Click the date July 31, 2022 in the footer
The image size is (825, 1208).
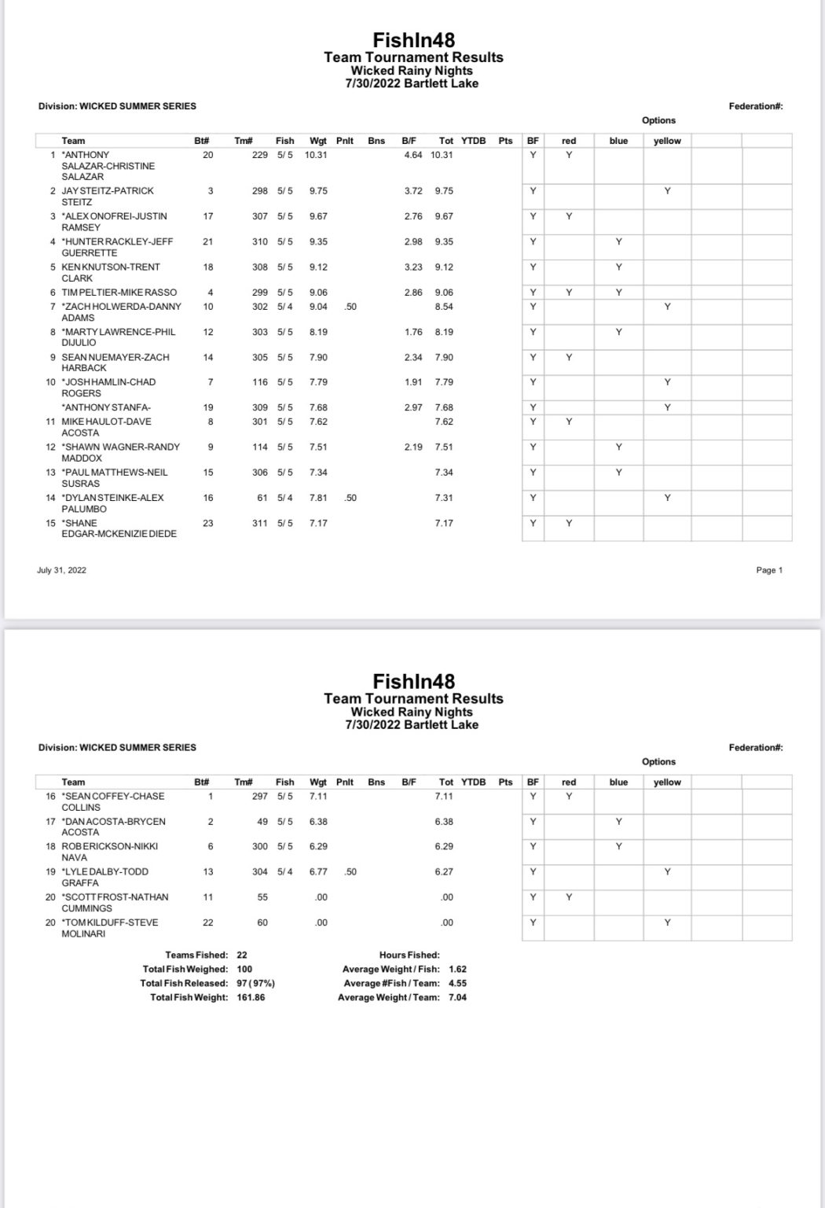(x=61, y=570)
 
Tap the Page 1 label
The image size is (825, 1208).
(x=769, y=570)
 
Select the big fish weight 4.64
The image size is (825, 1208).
(x=413, y=155)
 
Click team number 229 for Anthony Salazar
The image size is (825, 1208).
(x=259, y=155)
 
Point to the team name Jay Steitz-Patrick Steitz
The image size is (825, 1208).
(x=108, y=196)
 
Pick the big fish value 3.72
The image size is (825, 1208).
(x=413, y=191)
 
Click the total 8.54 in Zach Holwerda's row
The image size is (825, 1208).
(x=444, y=307)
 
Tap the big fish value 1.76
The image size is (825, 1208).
(x=413, y=332)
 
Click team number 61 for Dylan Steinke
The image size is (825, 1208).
(x=262, y=498)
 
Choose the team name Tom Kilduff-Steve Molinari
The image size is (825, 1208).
(x=110, y=927)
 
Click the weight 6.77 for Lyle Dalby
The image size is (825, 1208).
(x=318, y=871)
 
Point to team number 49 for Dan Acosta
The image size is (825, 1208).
(x=262, y=821)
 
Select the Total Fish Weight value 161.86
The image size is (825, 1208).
(x=251, y=997)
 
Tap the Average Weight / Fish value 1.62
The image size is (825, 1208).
(x=457, y=970)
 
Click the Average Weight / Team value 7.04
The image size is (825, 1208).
(x=457, y=997)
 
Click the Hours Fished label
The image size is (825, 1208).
(x=409, y=955)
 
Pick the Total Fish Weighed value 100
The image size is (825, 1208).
(x=244, y=970)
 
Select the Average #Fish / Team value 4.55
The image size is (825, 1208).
(x=457, y=983)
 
